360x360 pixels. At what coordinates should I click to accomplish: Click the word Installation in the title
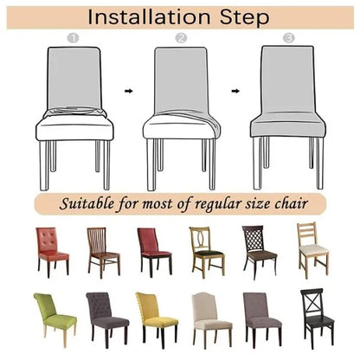pos(149,17)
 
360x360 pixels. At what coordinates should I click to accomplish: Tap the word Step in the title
pos(245,18)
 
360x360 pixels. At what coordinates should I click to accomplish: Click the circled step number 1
pos(73,38)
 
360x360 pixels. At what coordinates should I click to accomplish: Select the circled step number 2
pos(181,38)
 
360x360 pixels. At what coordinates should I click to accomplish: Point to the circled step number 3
pos(289,38)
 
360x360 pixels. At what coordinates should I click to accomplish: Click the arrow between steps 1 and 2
pos(129,91)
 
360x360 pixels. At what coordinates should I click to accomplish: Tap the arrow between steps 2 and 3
pos(235,91)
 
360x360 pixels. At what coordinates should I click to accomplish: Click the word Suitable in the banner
pos(87,203)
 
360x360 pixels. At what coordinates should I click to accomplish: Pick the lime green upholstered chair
pos(55,318)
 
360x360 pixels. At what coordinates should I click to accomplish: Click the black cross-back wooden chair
pos(318,317)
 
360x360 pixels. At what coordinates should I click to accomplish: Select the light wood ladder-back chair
pos(313,249)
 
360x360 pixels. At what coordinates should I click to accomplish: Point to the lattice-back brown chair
pos(260,252)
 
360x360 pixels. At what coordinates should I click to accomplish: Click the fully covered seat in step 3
pos(288,125)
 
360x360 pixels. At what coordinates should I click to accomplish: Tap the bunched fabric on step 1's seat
pos(75,112)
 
